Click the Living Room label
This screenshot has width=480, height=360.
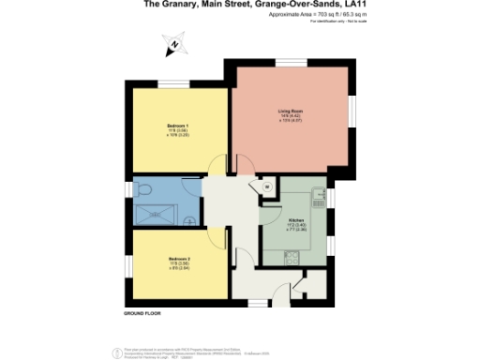click(x=290, y=112)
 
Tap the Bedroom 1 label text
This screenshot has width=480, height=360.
click(x=177, y=126)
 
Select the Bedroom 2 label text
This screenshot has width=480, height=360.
click(x=179, y=258)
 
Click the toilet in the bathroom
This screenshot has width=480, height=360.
click(x=144, y=190)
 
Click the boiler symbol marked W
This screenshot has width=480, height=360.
click(x=265, y=187)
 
